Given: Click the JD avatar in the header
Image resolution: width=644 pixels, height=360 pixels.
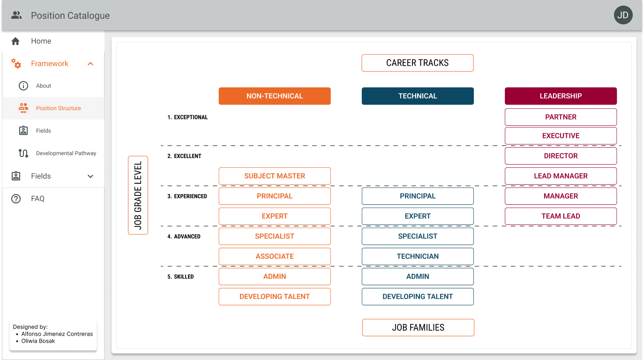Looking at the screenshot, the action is click(623, 15).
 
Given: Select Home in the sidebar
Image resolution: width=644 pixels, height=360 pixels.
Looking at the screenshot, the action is click(41, 41).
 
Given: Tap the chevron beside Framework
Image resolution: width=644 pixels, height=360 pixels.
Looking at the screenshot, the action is click(90, 64).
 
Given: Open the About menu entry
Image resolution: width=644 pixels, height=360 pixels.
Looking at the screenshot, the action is click(44, 86).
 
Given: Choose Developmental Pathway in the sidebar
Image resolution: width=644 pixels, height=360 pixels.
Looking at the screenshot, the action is click(66, 153).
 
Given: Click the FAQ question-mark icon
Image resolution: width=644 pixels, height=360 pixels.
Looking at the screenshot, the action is click(16, 199).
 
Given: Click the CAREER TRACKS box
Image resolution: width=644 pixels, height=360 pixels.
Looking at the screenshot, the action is click(418, 63).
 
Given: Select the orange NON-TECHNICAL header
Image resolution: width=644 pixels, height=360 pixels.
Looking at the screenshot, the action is click(275, 96).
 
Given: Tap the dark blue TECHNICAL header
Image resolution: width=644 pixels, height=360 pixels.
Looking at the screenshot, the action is click(418, 96).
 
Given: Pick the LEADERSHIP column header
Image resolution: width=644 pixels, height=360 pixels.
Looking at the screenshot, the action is click(561, 96).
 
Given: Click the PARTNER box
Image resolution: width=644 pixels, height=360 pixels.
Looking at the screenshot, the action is click(561, 117).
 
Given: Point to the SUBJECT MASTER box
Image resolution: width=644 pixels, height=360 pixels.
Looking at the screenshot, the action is click(275, 176).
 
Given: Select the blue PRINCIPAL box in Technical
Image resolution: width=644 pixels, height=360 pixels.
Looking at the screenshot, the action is click(418, 196).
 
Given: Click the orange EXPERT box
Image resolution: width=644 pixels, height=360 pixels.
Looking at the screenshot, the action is click(275, 216).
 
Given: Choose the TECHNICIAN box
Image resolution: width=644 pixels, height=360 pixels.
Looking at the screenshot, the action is click(418, 256).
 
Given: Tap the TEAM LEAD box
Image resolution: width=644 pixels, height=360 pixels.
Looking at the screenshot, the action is click(561, 216).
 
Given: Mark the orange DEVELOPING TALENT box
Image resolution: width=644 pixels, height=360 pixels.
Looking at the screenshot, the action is click(275, 297).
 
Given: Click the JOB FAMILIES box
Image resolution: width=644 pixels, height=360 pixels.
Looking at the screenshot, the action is click(418, 328).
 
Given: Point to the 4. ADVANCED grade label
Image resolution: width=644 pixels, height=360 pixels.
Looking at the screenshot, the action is click(184, 237).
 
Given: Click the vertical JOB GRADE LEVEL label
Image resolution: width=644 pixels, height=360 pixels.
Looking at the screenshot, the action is click(138, 195).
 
